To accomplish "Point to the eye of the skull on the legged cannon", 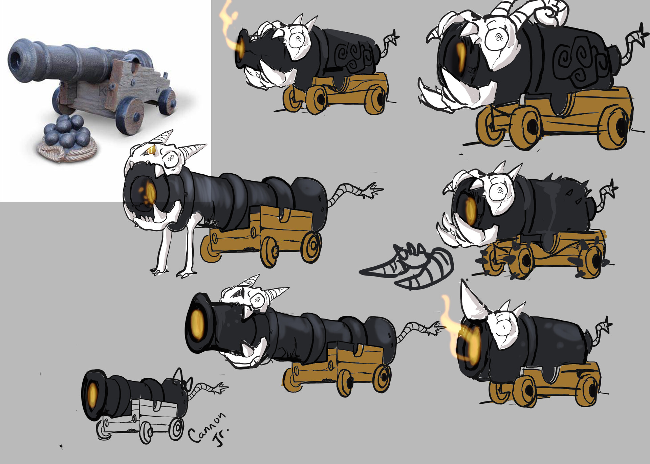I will (x=171, y=158).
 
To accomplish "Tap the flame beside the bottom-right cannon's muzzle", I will (x=450, y=328).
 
